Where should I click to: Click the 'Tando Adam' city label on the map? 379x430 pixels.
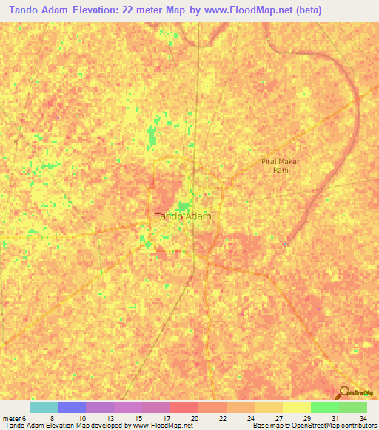[x=183, y=216]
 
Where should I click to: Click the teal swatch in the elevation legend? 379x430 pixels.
[x=44, y=407]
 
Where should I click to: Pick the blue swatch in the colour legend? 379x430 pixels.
[x=72, y=407]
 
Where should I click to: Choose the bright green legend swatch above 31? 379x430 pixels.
[x=325, y=407]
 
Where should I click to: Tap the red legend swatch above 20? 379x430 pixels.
[x=184, y=407]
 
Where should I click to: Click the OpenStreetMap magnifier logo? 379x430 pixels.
[x=344, y=392]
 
